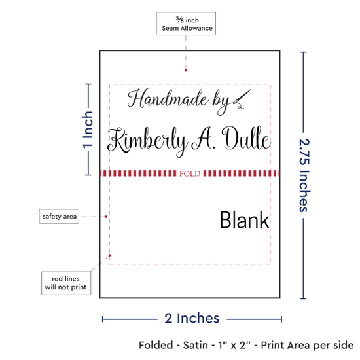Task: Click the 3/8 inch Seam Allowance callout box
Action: (x=186, y=24)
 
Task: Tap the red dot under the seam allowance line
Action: (x=186, y=70)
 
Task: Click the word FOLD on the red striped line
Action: (x=190, y=173)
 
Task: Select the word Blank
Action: (x=245, y=220)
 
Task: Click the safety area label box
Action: (x=59, y=216)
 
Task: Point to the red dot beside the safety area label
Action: (x=105, y=217)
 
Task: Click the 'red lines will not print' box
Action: (x=66, y=283)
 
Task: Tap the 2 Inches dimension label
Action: (x=192, y=318)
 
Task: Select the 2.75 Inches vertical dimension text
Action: (x=304, y=175)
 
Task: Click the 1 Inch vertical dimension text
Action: (x=88, y=130)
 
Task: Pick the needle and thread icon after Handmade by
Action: (x=242, y=99)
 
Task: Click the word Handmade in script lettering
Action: (x=168, y=99)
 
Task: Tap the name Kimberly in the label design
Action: (x=147, y=141)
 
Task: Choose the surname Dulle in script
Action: (x=246, y=137)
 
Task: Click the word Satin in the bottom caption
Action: (x=196, y=345)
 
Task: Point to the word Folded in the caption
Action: (x=156, y=345)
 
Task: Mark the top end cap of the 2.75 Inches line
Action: (x=303, y=52)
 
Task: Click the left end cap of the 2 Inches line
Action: (x=103, y=319)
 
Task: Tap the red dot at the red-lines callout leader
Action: (x=110, y=255)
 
